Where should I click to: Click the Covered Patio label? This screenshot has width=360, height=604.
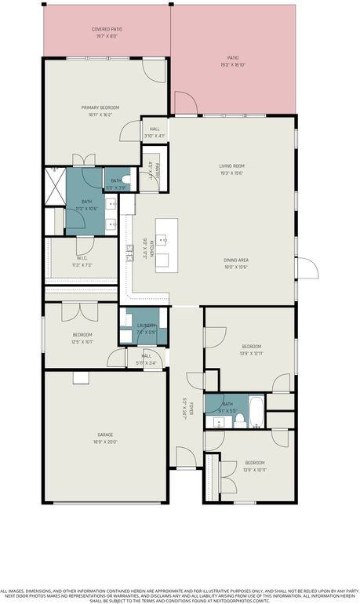point(106,29)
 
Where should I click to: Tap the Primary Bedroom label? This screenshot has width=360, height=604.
point(100,107)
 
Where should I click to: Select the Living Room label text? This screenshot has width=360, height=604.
point(232,166)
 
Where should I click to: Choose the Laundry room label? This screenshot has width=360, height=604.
point(147,326)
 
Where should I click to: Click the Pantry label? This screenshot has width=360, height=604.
point(157,170)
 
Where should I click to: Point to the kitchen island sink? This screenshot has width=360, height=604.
point(163,236)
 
